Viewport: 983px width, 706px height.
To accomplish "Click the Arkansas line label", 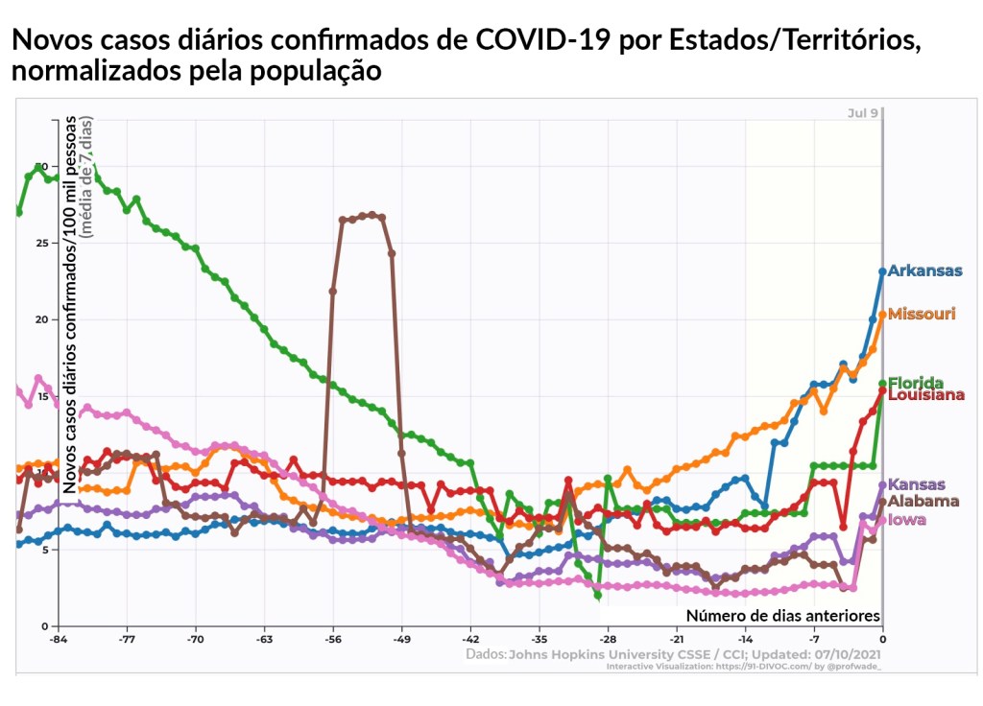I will tap(924, 271).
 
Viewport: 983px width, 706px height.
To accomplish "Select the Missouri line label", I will tap(922, 314).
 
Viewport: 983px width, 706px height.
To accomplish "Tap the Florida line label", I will tap(916, 383).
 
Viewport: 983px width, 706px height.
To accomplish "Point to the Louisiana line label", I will tap(925, 395).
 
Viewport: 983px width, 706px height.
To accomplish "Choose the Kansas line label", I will tap(917, 484).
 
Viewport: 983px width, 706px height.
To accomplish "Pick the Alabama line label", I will tap(923, 501).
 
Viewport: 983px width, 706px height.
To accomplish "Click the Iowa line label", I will tap(907, 520).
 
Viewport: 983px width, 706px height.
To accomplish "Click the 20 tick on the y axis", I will tap(40, 319).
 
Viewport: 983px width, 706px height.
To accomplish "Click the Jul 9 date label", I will tap(862, 113).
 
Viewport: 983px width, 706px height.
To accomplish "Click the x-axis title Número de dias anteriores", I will tap(782, 615).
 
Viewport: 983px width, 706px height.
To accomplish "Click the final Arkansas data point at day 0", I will tap(882, 271).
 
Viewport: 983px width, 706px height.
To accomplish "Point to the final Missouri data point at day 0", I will tap(882, 314).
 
